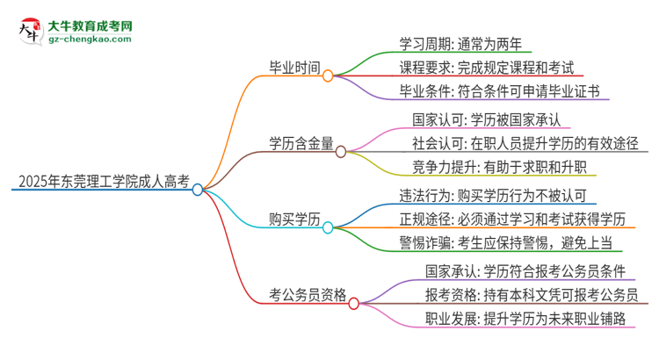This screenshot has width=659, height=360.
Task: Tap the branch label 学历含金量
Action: [x=301, y=142]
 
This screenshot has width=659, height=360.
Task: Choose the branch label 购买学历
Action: [x=293, y=218]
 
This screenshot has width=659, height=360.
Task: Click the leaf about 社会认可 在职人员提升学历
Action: [x=525, y=142]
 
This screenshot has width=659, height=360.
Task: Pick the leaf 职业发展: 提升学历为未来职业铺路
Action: [x=512, y=319]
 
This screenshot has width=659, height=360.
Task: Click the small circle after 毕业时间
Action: [x=328, y=76]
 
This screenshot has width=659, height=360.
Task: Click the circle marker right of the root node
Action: [x=198, y=189]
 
